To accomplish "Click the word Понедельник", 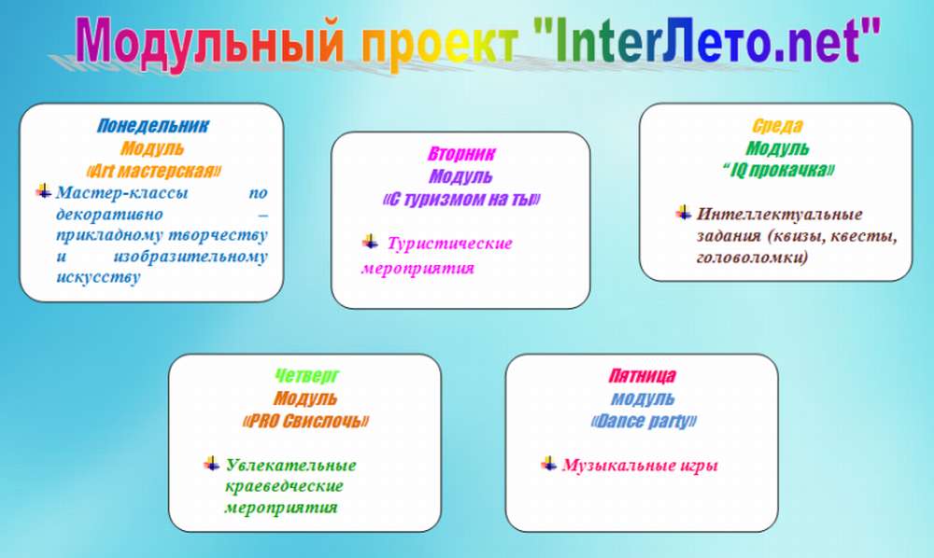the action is click(153, 126).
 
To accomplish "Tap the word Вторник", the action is click(461, 154).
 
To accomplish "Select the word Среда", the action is click(777, 126).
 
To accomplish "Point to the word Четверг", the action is click(306, 376).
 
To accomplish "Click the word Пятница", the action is click(643, 376).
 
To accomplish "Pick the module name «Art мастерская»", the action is click(153, 172).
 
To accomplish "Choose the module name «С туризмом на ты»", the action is click(461, 200).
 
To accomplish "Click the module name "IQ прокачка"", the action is click(778, 171).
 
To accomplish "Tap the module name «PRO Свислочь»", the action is click(305, 421).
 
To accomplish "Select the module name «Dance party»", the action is click(644, 421).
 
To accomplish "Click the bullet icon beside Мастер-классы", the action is click(44, 191).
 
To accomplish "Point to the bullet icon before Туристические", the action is click(370, 242).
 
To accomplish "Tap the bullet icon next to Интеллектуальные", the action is click(684, 213).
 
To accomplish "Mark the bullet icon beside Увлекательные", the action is click(211, 464).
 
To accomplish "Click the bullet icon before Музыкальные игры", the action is click(548, 464).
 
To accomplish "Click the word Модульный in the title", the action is click(209, 40).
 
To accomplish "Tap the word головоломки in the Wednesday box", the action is click(752, 258).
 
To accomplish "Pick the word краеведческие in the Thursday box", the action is click(284, 486).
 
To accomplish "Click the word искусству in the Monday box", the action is click(98, 277).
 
